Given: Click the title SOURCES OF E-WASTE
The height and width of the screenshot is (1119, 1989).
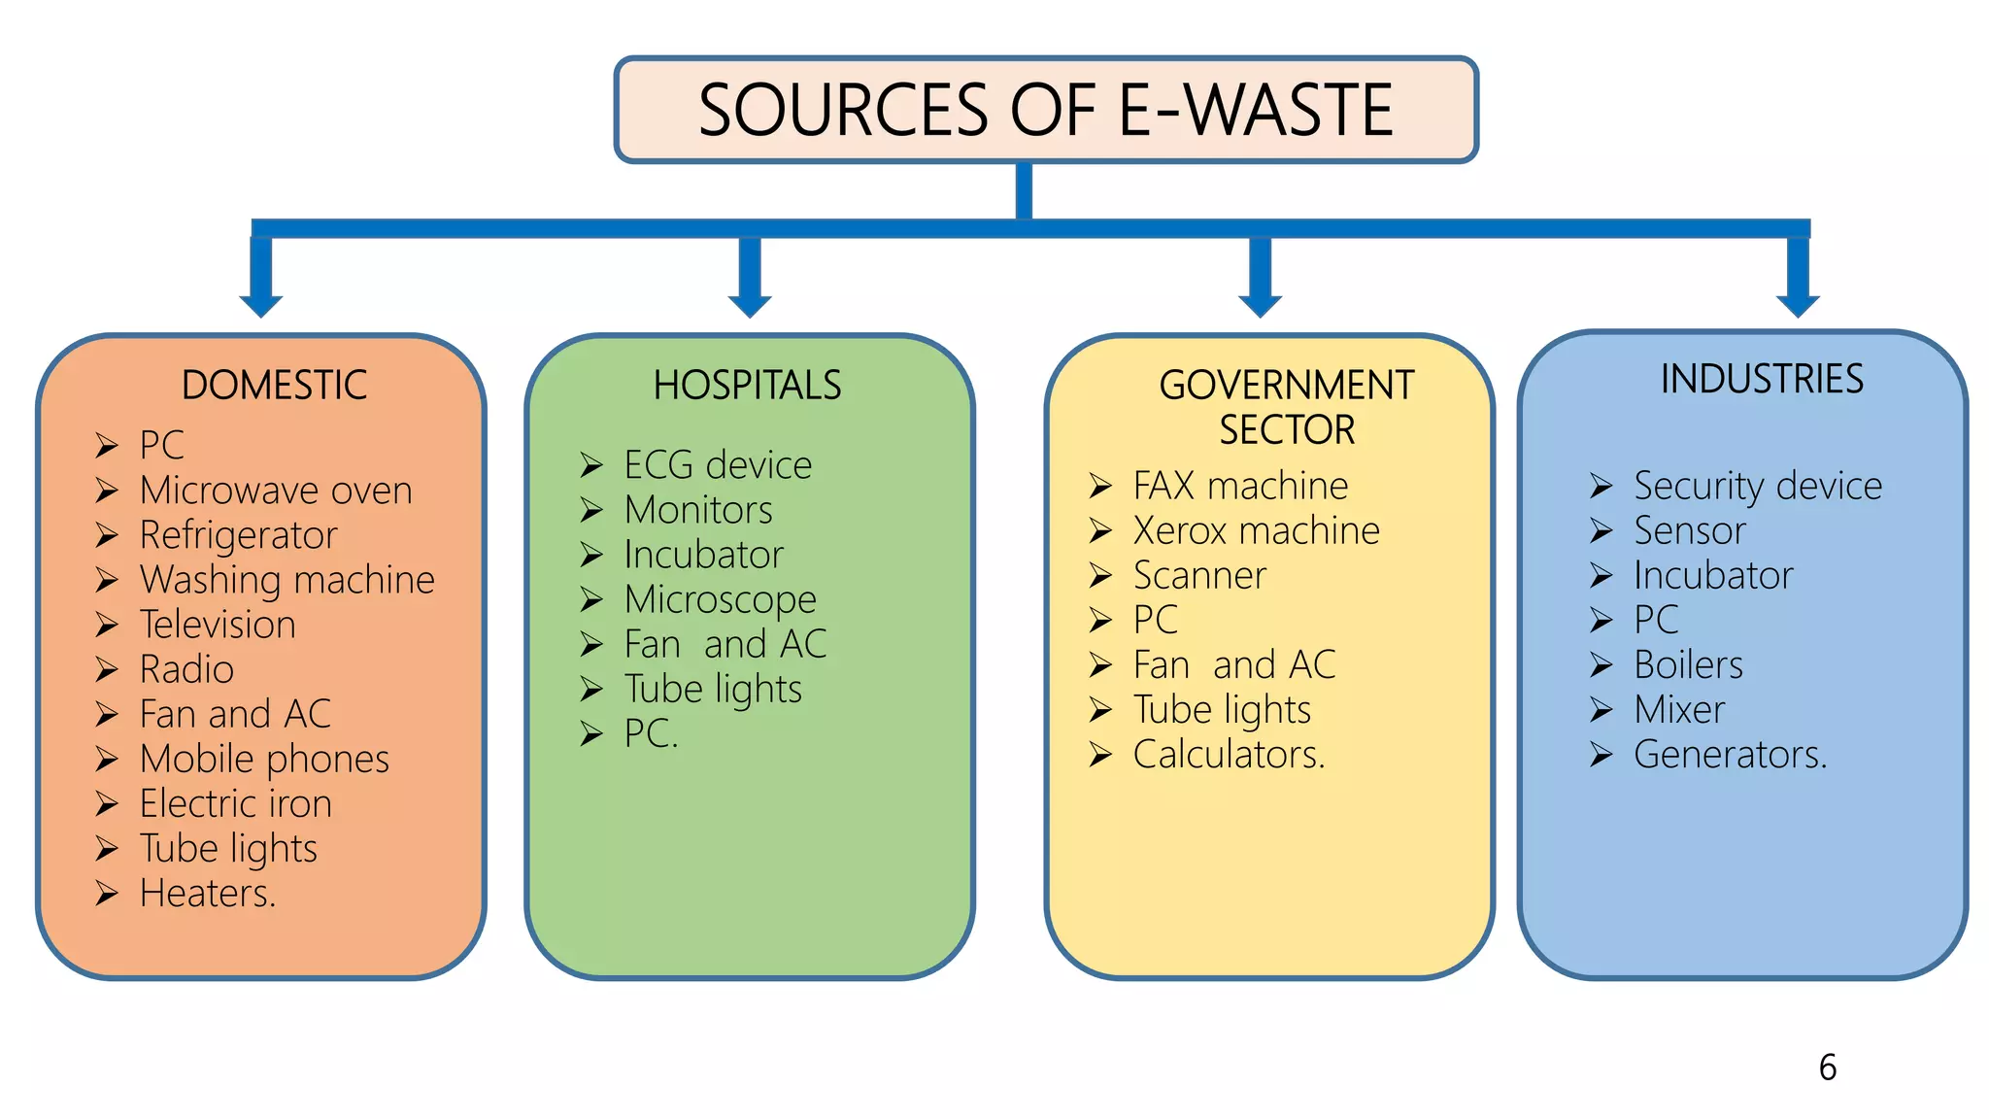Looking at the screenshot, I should (1045, 109).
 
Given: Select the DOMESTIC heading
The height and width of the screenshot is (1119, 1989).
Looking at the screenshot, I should (274, 386).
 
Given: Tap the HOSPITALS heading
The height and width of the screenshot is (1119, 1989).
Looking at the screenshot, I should (747, 386).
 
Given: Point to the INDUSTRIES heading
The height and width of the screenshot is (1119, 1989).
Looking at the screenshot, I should (1762, 379).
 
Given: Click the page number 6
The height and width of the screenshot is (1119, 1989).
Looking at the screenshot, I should (1827, 1068).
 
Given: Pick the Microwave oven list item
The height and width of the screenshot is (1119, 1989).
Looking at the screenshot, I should (276, 491).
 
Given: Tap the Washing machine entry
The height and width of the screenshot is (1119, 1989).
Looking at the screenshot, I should (287, 580).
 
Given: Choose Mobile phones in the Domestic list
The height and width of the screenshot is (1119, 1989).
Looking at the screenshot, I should (264, 759).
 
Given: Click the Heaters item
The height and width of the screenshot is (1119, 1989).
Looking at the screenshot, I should (208, 894).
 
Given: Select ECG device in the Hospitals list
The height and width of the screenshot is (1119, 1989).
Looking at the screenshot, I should (718, 465).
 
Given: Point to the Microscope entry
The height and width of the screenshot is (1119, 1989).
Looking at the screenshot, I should (720, 599).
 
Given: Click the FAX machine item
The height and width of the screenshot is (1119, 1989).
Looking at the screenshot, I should (1240, 486).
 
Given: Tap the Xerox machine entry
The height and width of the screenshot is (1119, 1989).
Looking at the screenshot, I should (1256, 530).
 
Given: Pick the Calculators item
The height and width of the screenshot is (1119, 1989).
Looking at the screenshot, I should (1229, 755).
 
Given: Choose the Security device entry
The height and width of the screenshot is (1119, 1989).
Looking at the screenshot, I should (1757, 486).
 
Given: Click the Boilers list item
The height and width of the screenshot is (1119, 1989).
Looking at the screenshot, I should (1688, 665).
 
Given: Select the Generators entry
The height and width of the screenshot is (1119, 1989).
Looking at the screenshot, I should (1730, 755).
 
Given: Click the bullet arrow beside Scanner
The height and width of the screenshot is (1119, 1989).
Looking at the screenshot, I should (1099, 576).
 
